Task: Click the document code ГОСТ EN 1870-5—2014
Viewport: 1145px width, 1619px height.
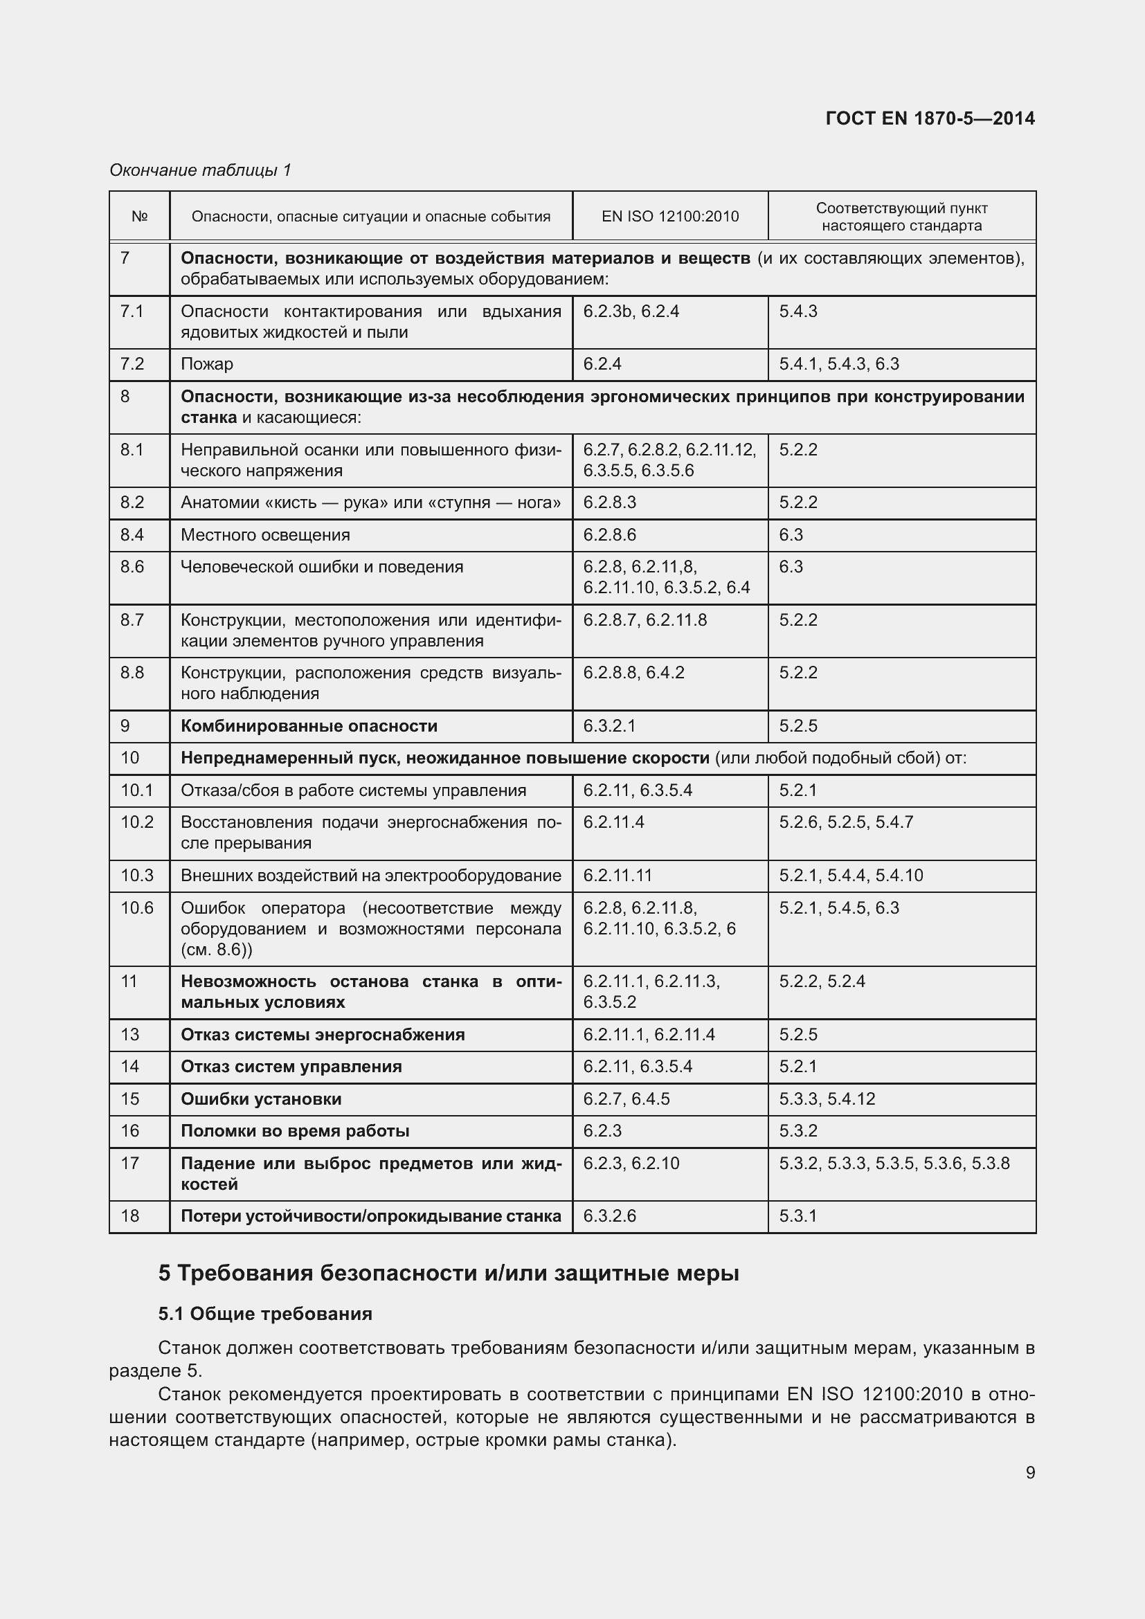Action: coord(929,118)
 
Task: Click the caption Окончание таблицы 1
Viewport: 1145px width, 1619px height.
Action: coord(200,170)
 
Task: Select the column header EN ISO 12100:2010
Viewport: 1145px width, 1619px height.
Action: coord(670,217)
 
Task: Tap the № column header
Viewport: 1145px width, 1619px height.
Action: coord(140,217)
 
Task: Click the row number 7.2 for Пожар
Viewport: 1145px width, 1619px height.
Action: coord(132,364)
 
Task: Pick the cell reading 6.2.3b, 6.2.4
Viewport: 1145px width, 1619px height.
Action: coord(631,311)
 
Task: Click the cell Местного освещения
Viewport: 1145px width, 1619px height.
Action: coord(265,535)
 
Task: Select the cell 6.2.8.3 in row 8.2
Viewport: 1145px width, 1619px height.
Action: coord(609,503)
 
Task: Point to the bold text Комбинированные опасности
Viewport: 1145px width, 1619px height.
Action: coord(309,726)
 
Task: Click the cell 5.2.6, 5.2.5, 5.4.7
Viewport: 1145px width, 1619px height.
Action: coord(845,822)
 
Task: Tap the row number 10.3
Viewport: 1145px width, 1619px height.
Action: coord(137,876)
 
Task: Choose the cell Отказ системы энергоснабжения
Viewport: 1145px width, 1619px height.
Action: coord(323,1035)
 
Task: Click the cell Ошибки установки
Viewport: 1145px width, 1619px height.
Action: coord(261,1099)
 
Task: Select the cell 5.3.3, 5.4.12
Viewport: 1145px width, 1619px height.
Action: coord(827,1099)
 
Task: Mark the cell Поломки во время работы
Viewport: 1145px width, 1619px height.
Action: coord(295,1131)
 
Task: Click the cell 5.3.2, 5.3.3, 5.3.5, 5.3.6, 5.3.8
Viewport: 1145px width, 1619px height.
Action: coord(894,1164)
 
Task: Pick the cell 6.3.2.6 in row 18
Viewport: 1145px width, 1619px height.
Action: coord(609,1216)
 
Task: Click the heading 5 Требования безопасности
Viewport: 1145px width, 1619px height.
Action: coord(449,1274)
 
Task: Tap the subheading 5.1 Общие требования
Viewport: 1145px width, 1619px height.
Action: coord(265,1314)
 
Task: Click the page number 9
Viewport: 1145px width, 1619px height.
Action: coord(1030,1472)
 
